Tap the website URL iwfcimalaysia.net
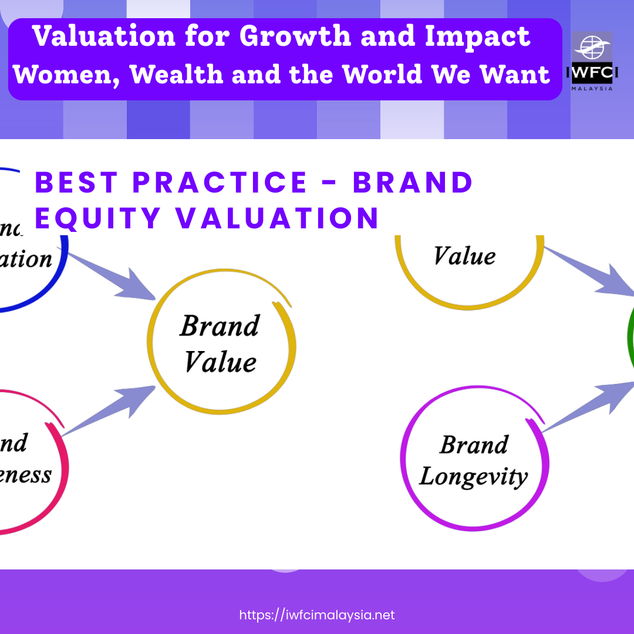pos(317,615)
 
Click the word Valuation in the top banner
pos(104,36)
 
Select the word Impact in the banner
pos(478,36)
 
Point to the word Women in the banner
pos(65,75)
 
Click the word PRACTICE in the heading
pos(220,182)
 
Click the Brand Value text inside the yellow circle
pos(220,343)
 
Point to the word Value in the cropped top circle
pos(464,256)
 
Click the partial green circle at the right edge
pos(630,340)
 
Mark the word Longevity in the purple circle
pos(473,476)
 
